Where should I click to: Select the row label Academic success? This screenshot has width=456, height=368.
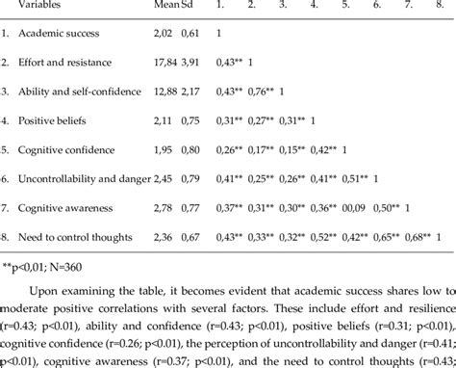click(68, 35)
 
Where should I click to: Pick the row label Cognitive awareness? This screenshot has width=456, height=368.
click(73, 207)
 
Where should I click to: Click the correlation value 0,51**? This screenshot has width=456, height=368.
click(348, 178)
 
